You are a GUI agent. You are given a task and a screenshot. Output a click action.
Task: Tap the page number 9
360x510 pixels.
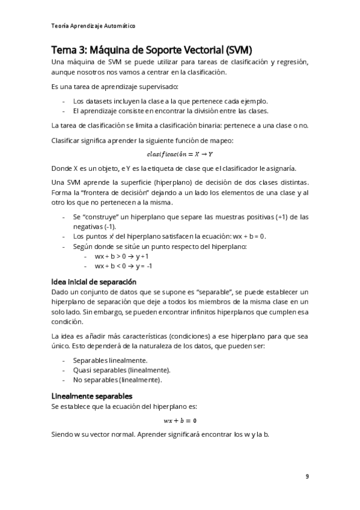[x=307, y=476]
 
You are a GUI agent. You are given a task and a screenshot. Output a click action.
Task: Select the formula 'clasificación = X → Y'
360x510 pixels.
[x=180, y=155]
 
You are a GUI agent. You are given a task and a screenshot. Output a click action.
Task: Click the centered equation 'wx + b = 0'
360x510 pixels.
[x=180, y=420]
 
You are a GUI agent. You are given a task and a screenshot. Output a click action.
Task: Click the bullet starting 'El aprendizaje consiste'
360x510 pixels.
[x=170, y=111]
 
